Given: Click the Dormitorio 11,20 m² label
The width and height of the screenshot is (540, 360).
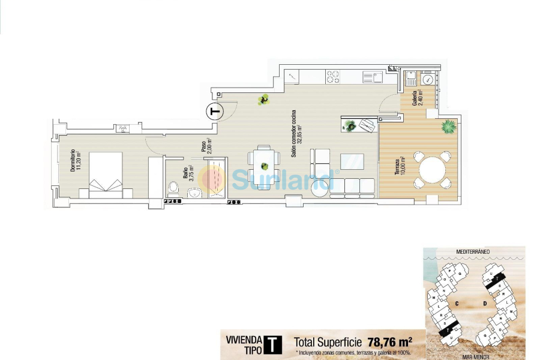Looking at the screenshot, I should [73, 160].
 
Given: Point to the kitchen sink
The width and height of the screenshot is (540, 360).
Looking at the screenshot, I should [376, 76].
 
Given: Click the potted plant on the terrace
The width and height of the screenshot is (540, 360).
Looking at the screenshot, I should [448, 126].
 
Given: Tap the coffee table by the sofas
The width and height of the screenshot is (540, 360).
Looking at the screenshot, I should [352, 161].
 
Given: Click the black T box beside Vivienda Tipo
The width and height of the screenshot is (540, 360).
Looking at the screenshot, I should [273, 344].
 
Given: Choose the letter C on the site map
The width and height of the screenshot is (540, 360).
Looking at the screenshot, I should [457, 304].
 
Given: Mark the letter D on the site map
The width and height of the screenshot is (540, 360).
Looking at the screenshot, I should [485, 304].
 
